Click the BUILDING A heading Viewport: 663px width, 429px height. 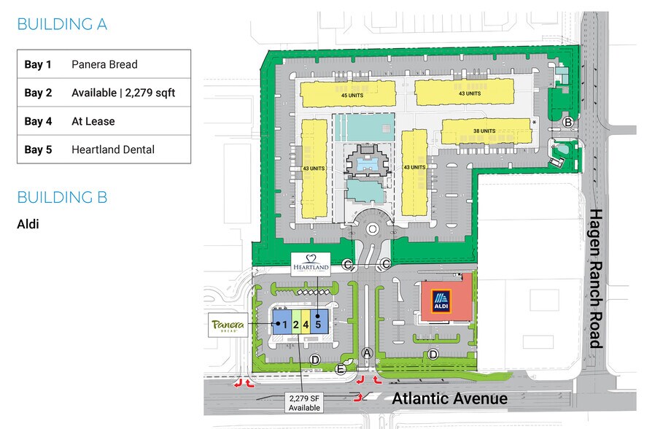62,24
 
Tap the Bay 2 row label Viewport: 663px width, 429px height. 38,93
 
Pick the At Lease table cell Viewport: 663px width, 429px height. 93,121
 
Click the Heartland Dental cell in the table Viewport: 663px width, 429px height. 112,150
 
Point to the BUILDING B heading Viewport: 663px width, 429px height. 62,197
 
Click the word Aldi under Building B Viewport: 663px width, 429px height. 28,223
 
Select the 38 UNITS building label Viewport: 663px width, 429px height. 484,131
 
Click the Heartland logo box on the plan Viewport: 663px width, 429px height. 310,264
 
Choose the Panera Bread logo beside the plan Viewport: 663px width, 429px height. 228,325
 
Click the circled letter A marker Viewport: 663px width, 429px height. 367,352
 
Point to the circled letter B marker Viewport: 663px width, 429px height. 567,122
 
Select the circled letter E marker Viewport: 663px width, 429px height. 340,369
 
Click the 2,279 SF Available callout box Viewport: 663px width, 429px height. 304,402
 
